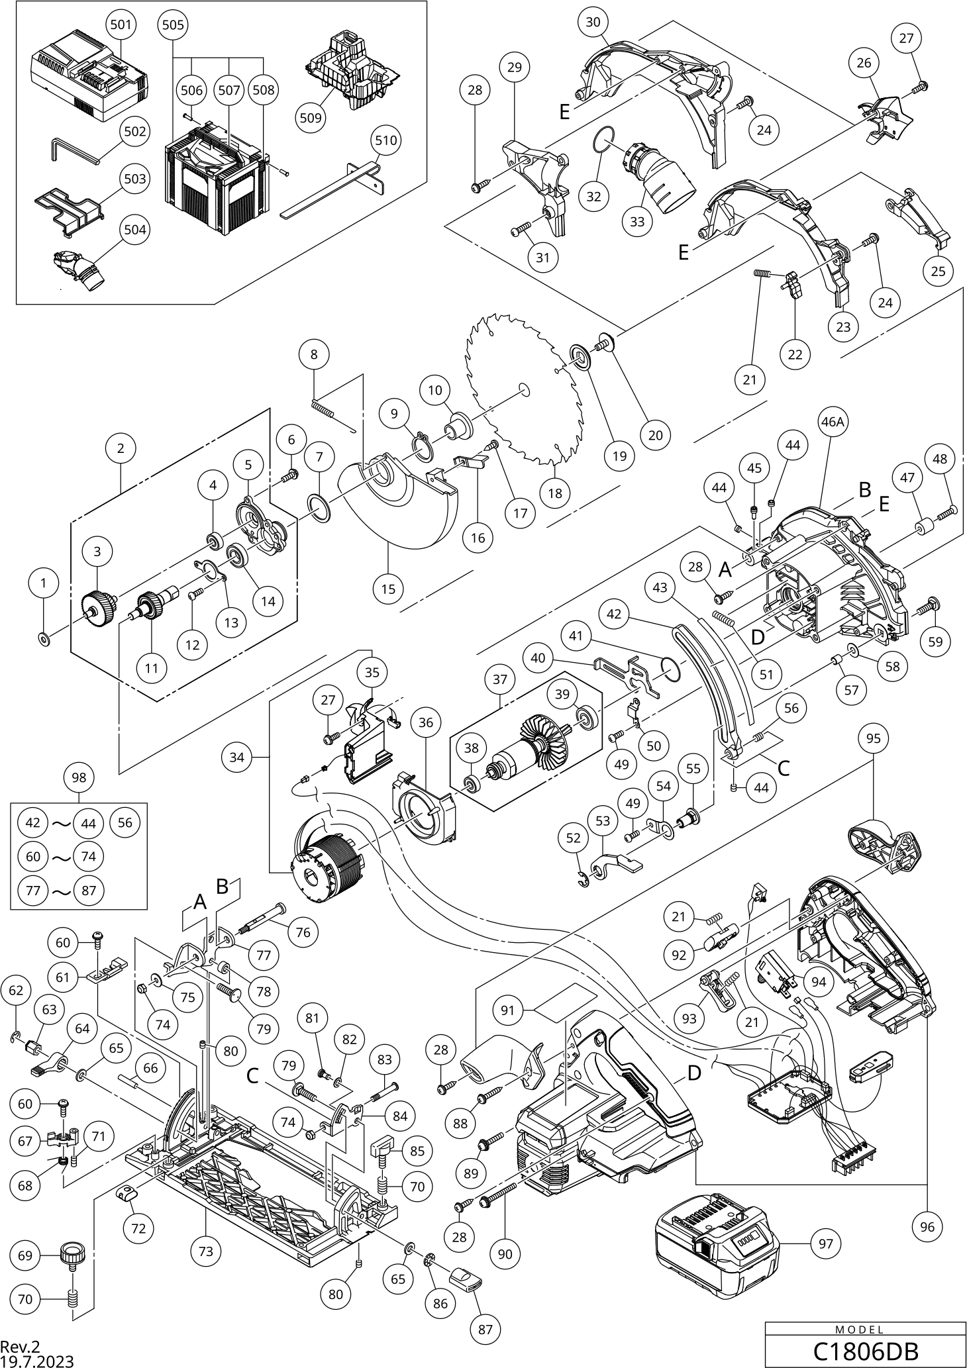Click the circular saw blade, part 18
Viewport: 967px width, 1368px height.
pyautogui.click(x=523, y=391)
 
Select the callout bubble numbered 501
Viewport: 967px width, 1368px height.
pyautogui.click(x=121, y=26)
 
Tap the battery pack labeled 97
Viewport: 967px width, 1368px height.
pyautogui.click(x=716, y=1243)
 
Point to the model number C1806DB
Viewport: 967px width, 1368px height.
pyautogui.click(x=865, y=1350)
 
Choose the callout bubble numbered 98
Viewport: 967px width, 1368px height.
pyautogui.click(x=79, y=778)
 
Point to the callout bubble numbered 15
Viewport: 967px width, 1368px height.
pyautogui.click(x=389, y=587)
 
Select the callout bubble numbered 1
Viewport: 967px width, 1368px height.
pyautogui.click(x=44, y=583)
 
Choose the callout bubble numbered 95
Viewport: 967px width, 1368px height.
pyautogui.click(x=874, y=738)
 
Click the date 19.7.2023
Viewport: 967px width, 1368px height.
pyautogui.click(x=37, y=1361)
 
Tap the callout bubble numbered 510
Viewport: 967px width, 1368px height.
pyautogui.click(x=386, y=141)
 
